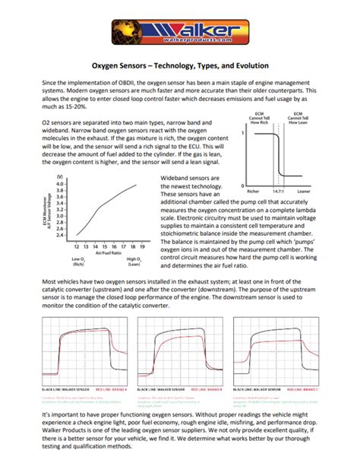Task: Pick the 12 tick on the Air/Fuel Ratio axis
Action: [x=77, y=247]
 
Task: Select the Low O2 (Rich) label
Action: [x=77, y=263]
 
